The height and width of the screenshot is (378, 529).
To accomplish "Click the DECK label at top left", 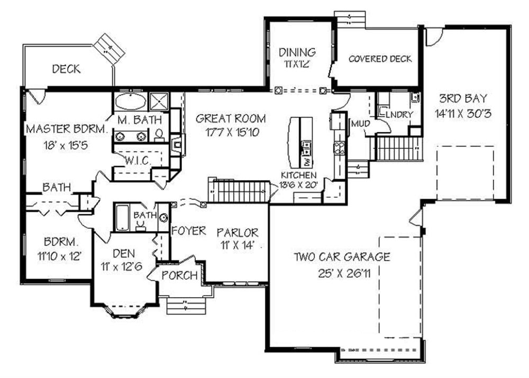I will (x=66, y=69).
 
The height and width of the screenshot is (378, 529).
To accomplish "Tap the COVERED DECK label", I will (x=380, y=59).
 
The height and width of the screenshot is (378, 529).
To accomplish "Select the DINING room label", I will (x=297, y=52).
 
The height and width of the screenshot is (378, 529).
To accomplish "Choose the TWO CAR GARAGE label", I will (x=342, y=257).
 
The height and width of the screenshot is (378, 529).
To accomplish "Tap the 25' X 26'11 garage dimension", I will (x=342, y=274).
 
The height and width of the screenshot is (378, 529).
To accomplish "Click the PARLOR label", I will (x=238, y=232).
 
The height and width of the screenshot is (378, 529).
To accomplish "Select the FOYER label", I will (x=188, y=231).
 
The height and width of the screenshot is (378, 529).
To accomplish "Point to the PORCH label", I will (x=179, y=275).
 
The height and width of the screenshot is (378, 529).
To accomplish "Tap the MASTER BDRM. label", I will (x=67, y=128).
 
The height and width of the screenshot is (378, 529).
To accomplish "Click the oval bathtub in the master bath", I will (x=130, y=102).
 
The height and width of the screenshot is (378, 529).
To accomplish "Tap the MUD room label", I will (x=359, y=123).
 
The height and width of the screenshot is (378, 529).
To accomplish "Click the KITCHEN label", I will (x=299, y=175).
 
